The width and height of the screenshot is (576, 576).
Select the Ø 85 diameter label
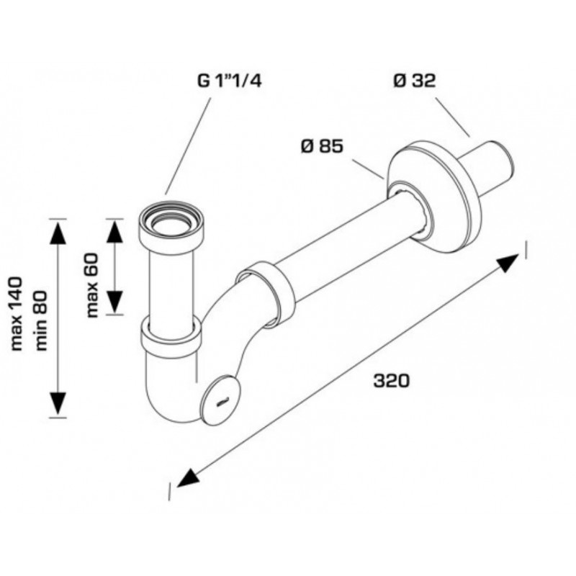322,147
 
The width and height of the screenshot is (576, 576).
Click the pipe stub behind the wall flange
493,166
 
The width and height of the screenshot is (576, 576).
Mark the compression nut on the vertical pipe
171,334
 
